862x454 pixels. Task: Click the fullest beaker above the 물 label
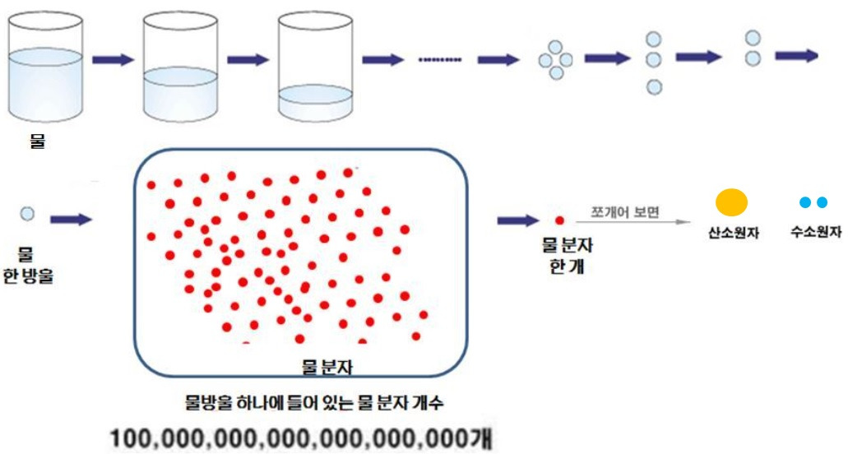(x=47, y=69)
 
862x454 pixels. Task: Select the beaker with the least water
(x=316, y=69)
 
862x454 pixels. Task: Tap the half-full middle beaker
(x=182, y=69)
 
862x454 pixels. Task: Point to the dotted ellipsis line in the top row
(x=440, y=59)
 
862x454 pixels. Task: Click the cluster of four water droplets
(x=556, y=59)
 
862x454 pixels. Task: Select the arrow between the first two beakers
(x=113, y=59)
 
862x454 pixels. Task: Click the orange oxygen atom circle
(x=731, y=202)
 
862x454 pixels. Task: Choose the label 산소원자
(x=734, y=233)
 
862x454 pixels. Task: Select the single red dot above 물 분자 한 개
(x=560, y=220)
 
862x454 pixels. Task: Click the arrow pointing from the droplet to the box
(x=71, y=220)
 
